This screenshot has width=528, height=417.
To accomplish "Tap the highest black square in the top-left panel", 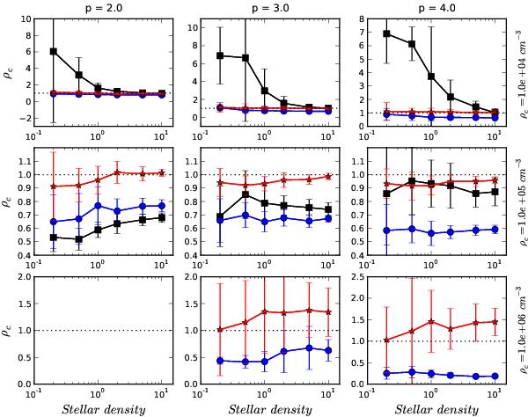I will pos(55,51).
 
